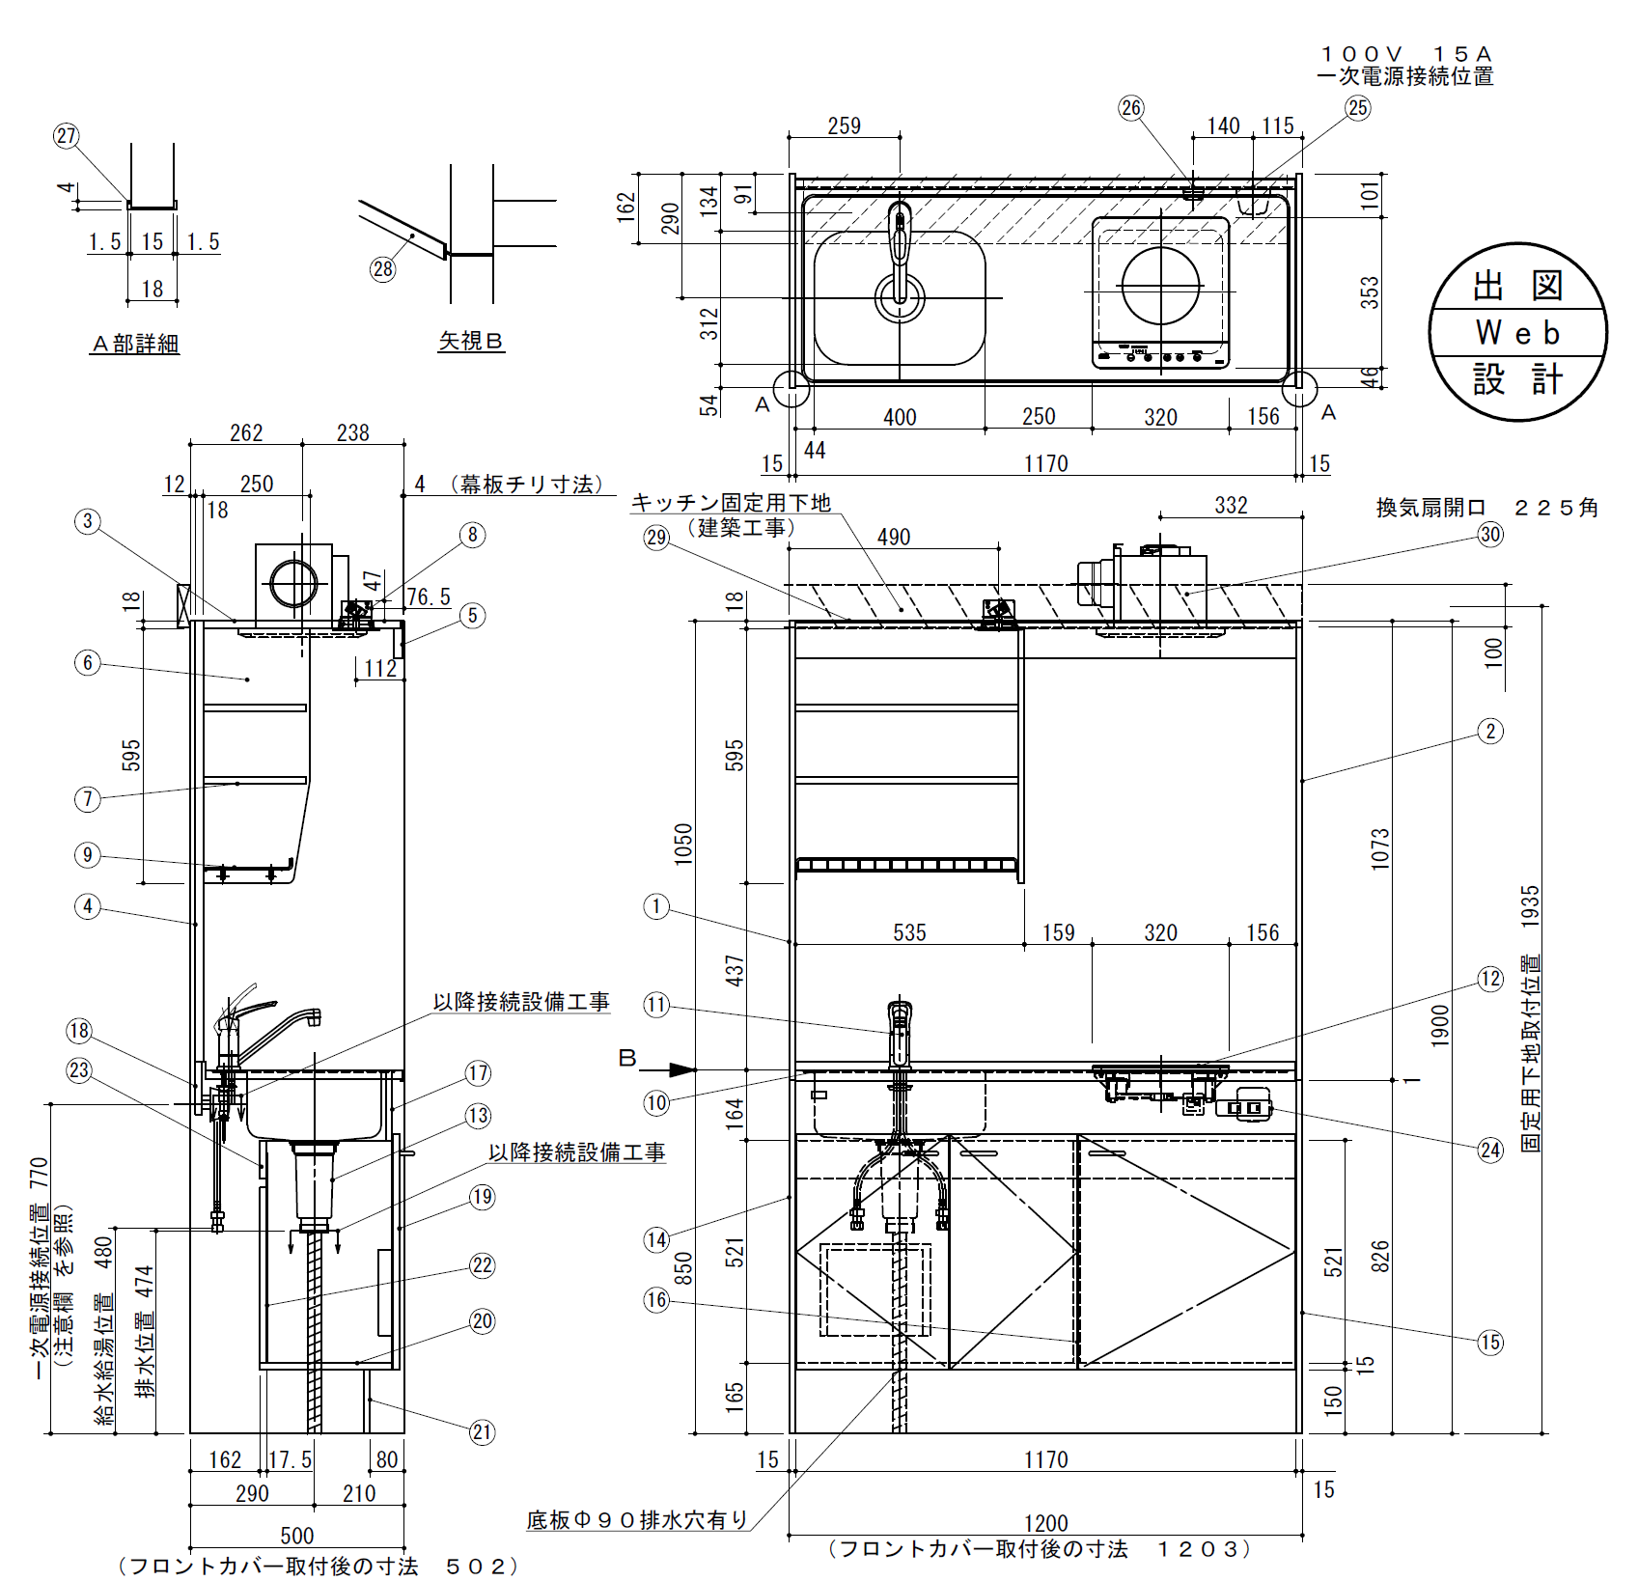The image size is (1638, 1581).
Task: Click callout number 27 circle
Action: point(66,136)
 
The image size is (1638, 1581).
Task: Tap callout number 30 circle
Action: point(1490,535)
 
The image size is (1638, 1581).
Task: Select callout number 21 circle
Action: point(483,1432)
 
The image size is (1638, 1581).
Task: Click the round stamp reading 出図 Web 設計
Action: point(1518,332)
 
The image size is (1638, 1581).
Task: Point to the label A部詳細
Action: point(135,344)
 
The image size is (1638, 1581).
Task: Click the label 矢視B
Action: point(471,341)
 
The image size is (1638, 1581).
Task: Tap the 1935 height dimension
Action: point(1530,907)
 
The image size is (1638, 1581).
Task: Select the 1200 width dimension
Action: point(1045,1523)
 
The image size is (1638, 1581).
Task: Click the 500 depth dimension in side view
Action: point(297,1536)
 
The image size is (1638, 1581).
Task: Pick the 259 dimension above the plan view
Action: point(844,125)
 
